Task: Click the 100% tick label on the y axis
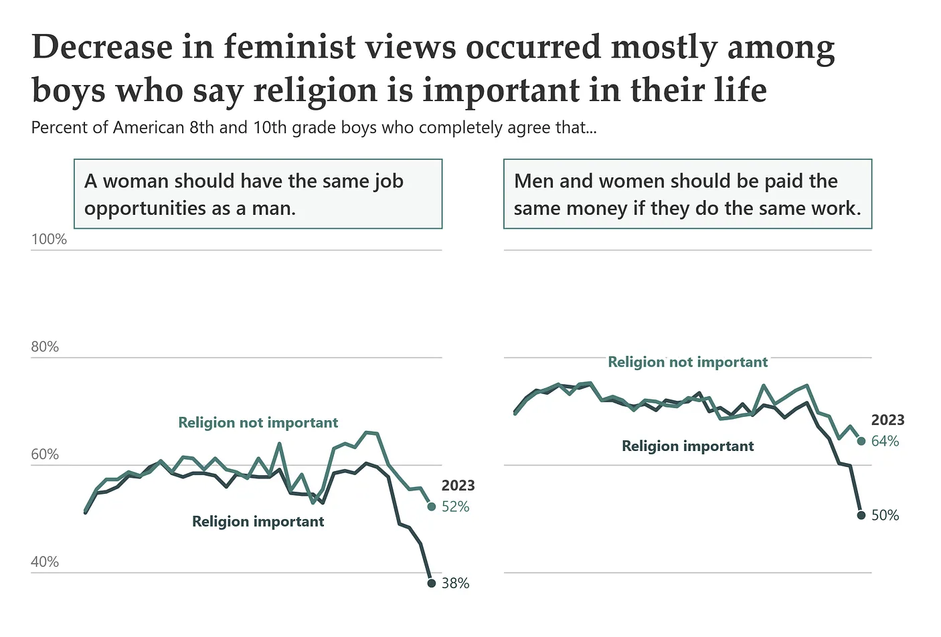[49, 240]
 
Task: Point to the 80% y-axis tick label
[45, 347]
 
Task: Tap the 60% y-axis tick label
[45, 454]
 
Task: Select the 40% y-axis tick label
[45, 562]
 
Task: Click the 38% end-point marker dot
[432, 583]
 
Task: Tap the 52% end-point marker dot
[432, 507]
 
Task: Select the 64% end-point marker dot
[861, 441]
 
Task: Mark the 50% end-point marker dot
[861, 515]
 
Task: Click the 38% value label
[456, 583]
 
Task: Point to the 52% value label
[456, 507]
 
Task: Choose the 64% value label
[885, 441]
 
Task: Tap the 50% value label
[885, 515]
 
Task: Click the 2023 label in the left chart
[458, 486]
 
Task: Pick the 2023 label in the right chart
[887, 420]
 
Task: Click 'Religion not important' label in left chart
[258, 423]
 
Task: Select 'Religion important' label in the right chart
[687, 446]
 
